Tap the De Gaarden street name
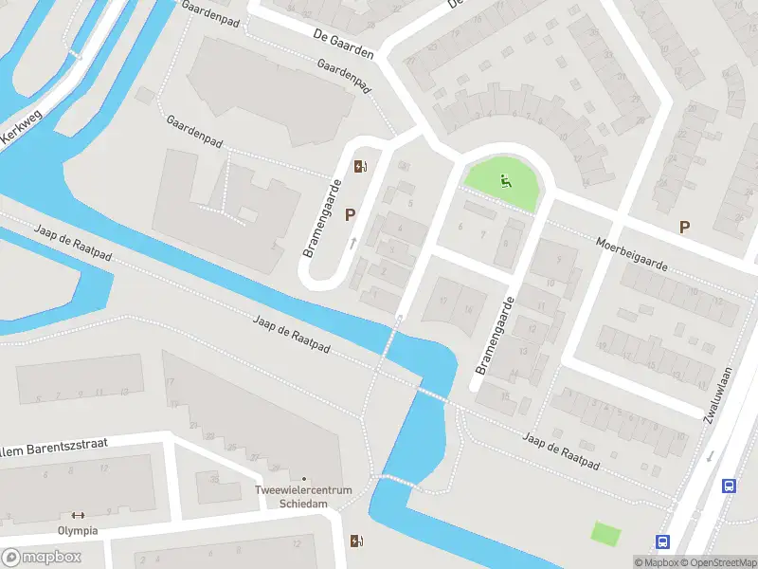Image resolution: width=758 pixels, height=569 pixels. (x=343, y=44)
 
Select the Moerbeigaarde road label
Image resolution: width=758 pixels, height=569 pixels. (x=632, y=254)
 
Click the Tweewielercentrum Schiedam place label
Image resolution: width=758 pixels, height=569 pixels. (x=303, y=496)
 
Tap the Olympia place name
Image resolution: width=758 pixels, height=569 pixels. (x=78, y=531)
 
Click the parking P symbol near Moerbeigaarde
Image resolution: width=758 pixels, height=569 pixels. (x=684, y=227)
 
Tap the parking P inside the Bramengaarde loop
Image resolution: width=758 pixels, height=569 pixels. (x=350, y=215)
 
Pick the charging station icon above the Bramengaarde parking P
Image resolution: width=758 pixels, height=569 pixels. (x=361, y=167)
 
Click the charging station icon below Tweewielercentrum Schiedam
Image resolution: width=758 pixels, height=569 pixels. (x=356, y=541)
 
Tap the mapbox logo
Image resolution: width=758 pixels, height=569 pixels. (x=42, y=558)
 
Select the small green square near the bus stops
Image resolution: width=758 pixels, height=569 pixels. (x=605, y=533)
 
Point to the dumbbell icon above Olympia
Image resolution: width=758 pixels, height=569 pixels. (x=78, y=515)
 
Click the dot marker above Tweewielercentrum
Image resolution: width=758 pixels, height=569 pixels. (x=303, y=479)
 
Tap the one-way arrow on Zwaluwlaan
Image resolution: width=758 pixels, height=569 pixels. (x=710, y=456)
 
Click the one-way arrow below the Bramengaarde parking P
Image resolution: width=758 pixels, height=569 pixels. (x=353, y=243)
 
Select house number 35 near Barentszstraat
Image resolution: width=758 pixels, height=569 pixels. (x=214, y=479)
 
